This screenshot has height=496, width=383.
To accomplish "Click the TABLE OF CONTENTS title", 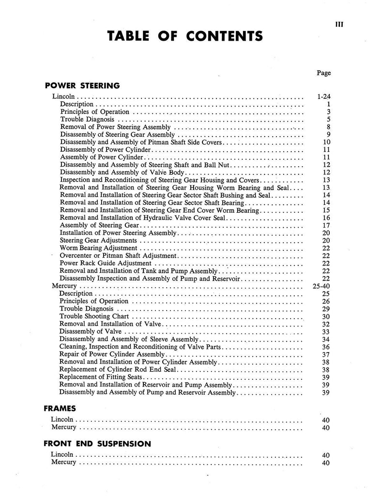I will point(185,36).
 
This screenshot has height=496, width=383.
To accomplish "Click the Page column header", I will point(324,73).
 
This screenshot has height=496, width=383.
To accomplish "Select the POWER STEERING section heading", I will point(82,86).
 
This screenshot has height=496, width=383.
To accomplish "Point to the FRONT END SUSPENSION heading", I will point(97,443).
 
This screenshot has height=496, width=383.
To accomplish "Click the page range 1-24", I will point(324,96).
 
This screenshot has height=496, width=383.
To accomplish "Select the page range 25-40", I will point(322,286).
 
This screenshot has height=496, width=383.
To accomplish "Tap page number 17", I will point(326,225).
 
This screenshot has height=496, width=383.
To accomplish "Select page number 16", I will point(326,218).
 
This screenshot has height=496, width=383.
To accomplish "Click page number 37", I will point(326,354).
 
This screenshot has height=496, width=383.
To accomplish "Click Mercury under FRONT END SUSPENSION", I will point(63,462).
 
